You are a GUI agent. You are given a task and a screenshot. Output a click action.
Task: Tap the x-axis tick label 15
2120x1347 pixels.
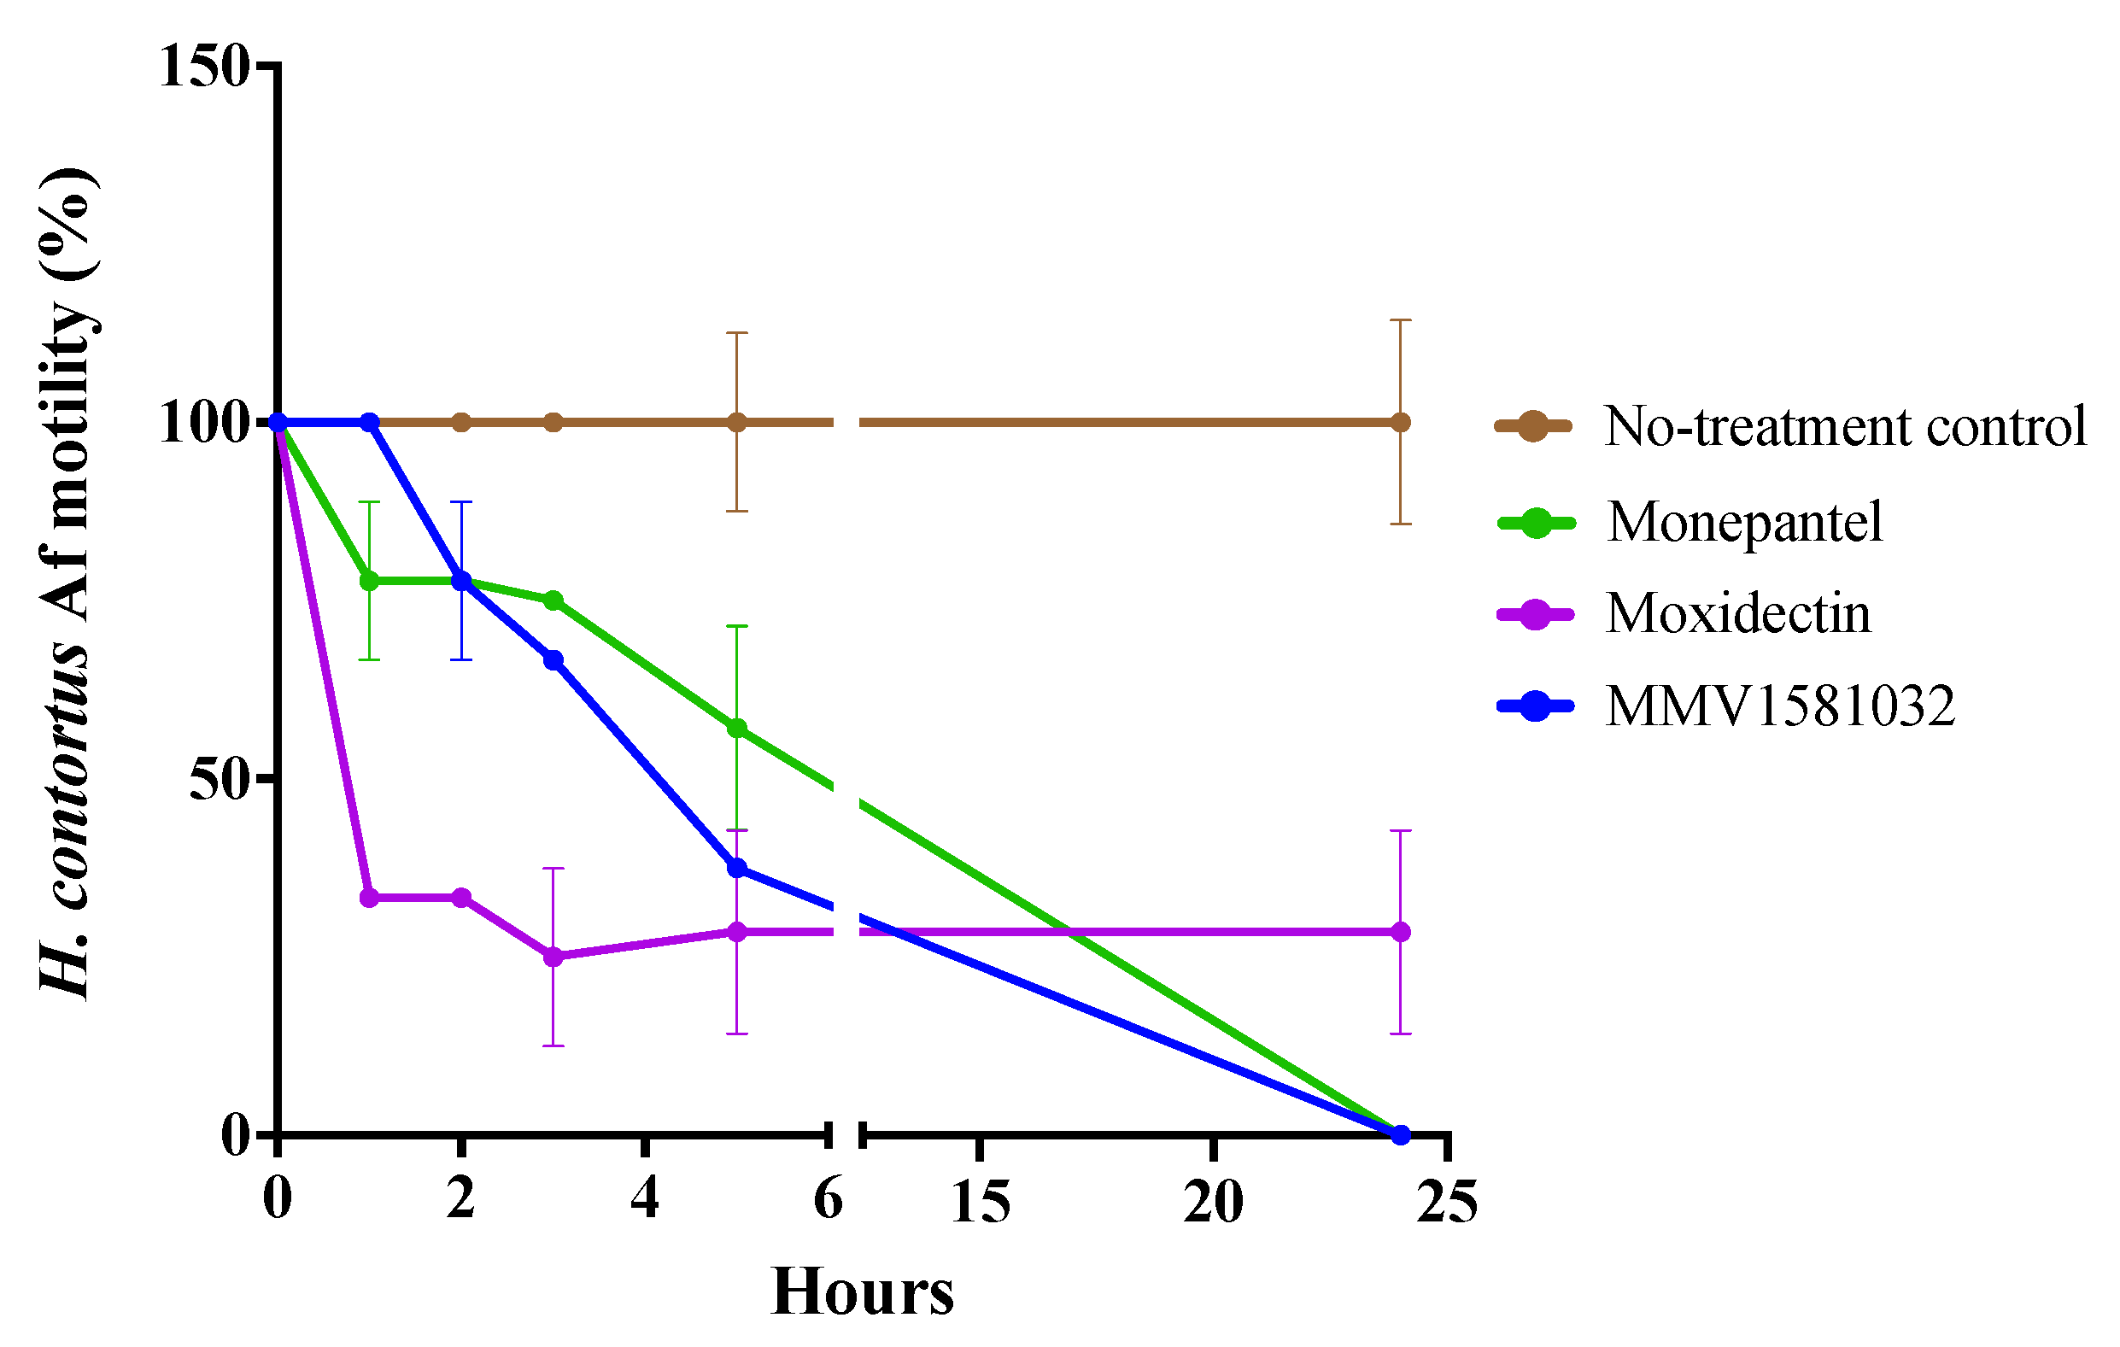pyautogui.click(x=981, y=1202)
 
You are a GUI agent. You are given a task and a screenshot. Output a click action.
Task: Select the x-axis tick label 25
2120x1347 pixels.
pyautogui.click(x=1446, y=1202)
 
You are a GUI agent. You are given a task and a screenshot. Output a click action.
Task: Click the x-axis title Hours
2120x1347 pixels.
pyautogui.click(x=862, y=1292)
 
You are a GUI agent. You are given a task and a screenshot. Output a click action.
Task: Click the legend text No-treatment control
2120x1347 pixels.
pyautogui.click(x=1845, y=427)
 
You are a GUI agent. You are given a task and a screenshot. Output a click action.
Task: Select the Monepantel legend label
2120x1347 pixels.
pyautogui.click(x=1745, y=522)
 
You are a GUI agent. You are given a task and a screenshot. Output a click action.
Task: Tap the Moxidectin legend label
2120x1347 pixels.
pyautogui.click(x=1738, y=613)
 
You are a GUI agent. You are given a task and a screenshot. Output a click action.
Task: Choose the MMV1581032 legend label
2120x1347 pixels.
pyautogui.click(x=1780, y=706)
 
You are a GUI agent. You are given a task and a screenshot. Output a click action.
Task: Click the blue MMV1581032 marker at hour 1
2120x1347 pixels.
pyautogui.click(x=370, y=423)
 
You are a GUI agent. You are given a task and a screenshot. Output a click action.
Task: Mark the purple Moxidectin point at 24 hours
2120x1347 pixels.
pyautogui.click(x=1401, y=932)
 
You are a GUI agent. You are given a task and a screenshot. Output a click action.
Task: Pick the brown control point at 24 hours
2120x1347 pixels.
pyautogui.click(x=1401, y=423)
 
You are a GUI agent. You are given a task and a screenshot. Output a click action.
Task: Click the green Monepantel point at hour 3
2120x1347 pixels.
pyautogui.click(x=553, y=600)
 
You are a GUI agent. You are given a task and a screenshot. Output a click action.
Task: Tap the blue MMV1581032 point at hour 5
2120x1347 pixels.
pyautogui.click(x=737, y=868)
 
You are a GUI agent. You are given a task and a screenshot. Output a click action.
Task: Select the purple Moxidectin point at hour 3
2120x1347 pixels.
pyautogui.click(x=553, y=957)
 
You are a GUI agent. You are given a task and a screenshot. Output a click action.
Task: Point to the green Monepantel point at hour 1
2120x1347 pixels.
pyautogui.click(x=370, y=581)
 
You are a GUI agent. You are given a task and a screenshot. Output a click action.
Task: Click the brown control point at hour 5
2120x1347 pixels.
pyautogui.click(x=737, y=423)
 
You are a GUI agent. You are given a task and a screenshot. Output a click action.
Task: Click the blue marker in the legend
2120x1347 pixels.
pyautogui.click(x=1536, y=706)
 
